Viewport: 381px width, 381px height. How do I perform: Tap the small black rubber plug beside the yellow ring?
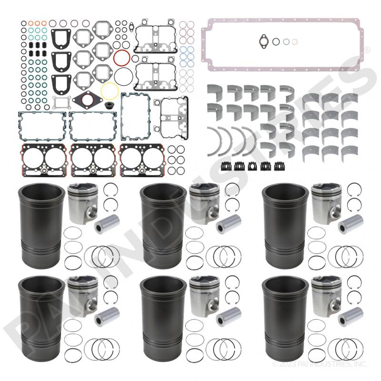tap(108, 105)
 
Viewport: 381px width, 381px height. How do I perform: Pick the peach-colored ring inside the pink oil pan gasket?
tap(294, 42)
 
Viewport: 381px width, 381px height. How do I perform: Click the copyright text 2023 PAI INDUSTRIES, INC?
tap(320, 364)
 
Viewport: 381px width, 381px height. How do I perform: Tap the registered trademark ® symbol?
tap(367, 50)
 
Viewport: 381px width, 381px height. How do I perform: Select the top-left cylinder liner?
tap(42, 225)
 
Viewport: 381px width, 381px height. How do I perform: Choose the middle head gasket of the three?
tap(92, 160)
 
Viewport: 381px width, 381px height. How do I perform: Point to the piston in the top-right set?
tap(326, 203)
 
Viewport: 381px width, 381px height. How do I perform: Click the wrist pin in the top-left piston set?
tap(107, 224)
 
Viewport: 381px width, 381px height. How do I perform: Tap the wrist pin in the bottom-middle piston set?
tap(229, 317)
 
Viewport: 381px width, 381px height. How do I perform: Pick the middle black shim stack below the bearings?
tap(252, 166)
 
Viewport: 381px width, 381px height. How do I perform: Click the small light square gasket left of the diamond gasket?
tap(62, 103)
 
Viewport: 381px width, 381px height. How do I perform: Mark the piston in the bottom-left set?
tap(82, 296)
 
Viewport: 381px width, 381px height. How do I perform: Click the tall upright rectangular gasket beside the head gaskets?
tap(135, 116)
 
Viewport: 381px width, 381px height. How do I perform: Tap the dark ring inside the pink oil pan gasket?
tap(276, 42)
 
